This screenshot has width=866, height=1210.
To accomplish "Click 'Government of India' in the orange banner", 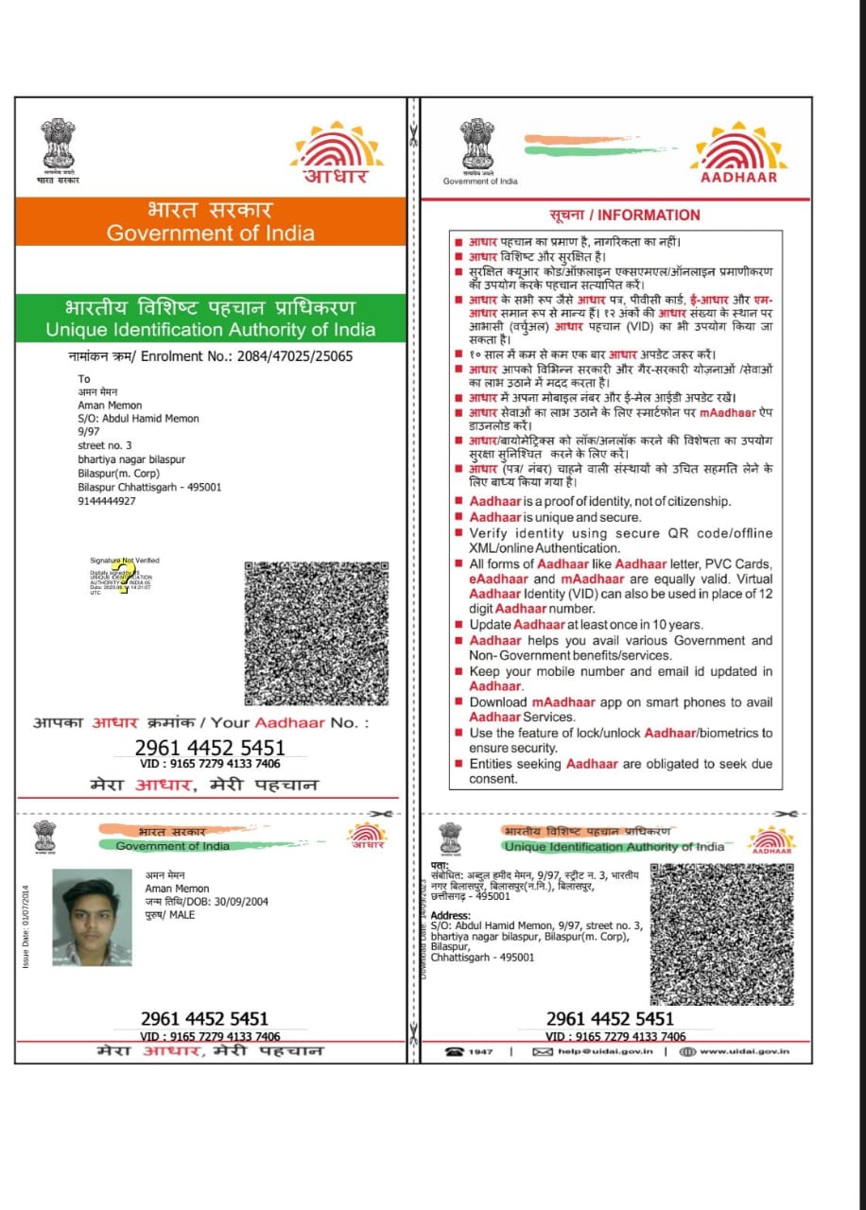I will pos(211,233).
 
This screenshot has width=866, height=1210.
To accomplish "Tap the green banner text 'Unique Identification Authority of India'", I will pos(211,330).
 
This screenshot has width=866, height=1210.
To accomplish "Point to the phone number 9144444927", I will pos(107,501).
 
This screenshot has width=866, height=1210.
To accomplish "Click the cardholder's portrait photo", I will pos(92,917).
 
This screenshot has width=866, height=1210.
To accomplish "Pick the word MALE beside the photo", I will pos(182,915).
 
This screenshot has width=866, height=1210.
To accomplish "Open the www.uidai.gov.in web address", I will pos(745,1051).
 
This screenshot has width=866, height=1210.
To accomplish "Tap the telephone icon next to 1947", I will pos(455,1051).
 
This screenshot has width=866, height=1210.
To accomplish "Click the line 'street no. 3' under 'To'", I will pos(105,446).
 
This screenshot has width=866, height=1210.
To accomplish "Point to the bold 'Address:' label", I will pos(450,915).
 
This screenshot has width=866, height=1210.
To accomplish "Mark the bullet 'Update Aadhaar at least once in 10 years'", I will pos(586,625).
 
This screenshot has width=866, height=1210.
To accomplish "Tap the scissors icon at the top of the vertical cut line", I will pos(413,130).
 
